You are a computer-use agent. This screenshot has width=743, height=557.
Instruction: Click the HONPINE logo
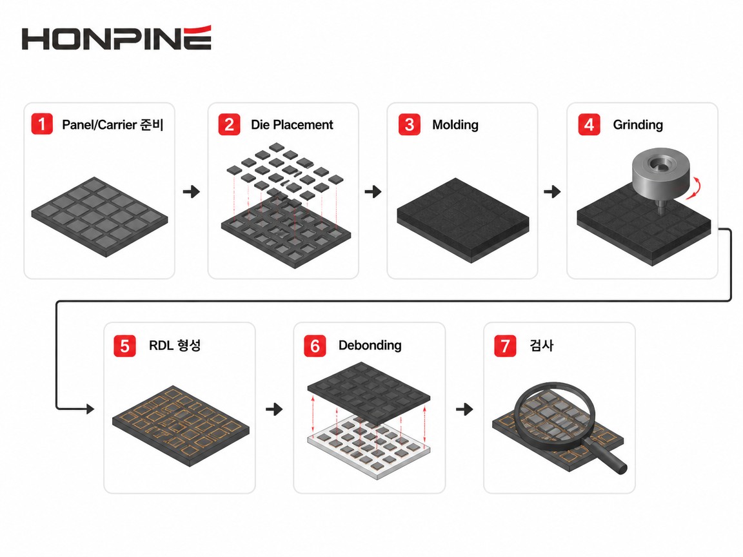point(116,38)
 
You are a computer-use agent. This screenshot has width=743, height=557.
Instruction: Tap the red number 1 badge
point(42,124)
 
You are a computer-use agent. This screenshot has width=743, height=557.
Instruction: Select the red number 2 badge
point(230,124)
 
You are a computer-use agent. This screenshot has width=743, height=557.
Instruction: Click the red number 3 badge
point(410,124)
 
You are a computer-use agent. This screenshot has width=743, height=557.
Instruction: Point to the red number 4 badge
point(589,124)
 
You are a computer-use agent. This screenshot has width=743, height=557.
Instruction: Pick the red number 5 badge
point(124,346)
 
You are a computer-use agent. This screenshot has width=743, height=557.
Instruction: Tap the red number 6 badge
point(315,346)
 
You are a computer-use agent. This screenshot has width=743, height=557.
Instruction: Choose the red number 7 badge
point(505,346)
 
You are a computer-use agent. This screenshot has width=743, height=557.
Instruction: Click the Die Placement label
point(292,124)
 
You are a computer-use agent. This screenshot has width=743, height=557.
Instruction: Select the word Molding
point(455,125)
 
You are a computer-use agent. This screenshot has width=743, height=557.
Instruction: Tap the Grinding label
point(638,125)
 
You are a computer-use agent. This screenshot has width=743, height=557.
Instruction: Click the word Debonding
point(370,346)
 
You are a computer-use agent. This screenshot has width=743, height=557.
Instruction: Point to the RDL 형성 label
point(175,346)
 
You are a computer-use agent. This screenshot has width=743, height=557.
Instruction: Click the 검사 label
point(542,346)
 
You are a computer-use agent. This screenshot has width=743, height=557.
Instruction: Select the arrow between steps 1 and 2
point(192,191)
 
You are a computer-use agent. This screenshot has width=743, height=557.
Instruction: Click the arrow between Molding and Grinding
point(552,191)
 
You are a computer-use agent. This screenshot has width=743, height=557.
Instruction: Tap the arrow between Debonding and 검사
point(464,409)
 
